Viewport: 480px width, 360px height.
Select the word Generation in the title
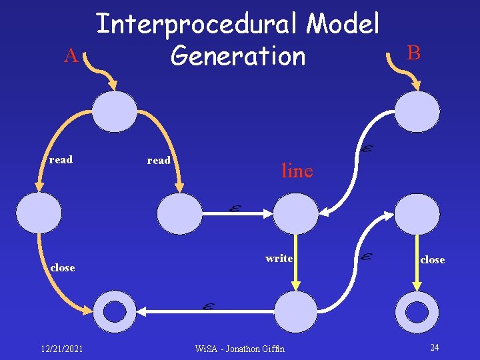[237, 56]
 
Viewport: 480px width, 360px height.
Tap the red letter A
[71, 57]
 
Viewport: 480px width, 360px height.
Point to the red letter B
[414, 53]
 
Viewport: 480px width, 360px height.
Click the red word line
[297, 171]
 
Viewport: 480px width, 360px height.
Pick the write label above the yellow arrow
[279, 259]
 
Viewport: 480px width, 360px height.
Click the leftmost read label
[61, 160]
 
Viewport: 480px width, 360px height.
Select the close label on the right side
[432, 260]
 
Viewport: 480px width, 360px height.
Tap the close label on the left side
[62, 267]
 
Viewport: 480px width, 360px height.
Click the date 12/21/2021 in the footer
[61, 348]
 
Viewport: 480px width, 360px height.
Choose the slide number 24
[434, 347]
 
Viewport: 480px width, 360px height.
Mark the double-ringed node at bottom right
[417, 311]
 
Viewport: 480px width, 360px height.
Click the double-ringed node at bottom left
[115, 311]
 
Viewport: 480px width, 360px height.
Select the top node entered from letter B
[417, 111]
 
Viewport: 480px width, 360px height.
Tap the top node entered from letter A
[115, 111]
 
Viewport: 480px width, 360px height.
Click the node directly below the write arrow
[297, 311]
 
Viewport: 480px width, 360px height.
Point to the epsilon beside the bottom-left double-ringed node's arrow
[208, 306]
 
